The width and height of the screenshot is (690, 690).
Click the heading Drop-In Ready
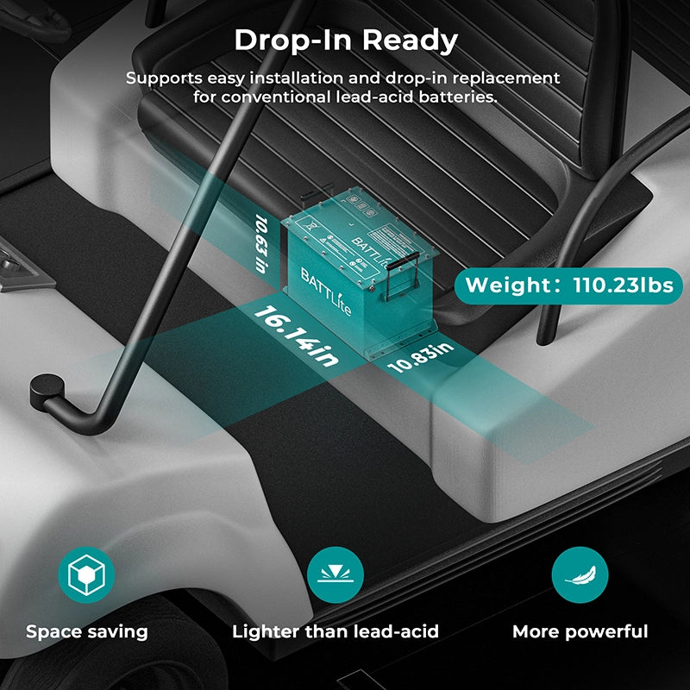[345, 40]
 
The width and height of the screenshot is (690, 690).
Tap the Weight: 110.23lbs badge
[569, 285]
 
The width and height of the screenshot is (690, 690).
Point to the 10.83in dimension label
[420, 356]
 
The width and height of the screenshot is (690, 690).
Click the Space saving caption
[86, 631]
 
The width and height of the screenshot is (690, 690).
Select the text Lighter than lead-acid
[336, 631]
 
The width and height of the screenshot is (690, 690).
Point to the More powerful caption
[580, 631]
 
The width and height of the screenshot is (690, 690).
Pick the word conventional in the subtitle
[275, 97]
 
